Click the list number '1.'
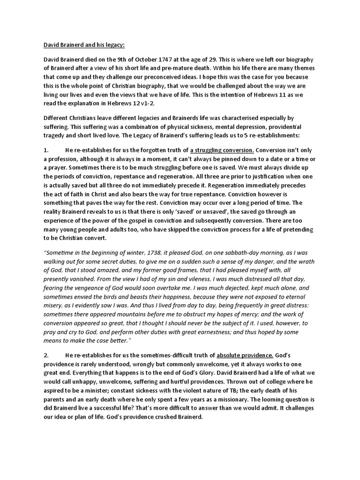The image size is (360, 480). pos(46,150)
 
